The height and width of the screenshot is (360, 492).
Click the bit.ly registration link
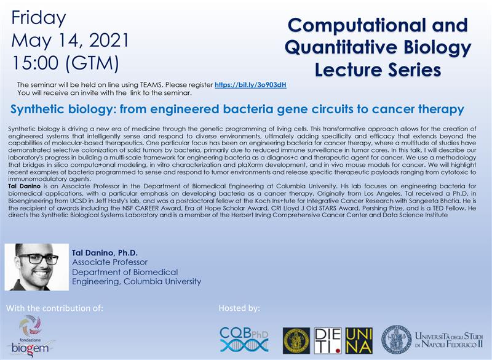coord(250,85)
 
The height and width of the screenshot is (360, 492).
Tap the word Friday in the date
coord(39,18)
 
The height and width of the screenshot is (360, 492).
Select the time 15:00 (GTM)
coord(66,63)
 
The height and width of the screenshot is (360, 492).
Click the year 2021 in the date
coord(109,41)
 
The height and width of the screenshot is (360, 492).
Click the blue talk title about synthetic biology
coord(237,109)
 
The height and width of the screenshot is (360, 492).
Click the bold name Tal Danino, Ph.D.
coord(105,253)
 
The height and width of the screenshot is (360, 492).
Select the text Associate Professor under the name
coord(109,262)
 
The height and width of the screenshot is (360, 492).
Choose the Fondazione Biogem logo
coord(30,337)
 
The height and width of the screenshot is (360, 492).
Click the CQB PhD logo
coord(244,340)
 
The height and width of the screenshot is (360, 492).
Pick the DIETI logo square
coord(328,340)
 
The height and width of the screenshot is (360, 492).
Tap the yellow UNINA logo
coord(359,340)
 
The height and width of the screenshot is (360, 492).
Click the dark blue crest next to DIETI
coord(296,340)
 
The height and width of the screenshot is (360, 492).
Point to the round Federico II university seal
coord(396,340)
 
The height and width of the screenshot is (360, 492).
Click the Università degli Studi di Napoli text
coord(448,340)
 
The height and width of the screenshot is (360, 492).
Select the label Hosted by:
coord(239,308)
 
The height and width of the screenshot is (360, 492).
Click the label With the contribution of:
coord(55,308)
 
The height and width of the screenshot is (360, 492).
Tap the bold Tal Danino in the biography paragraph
coord(24,186)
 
